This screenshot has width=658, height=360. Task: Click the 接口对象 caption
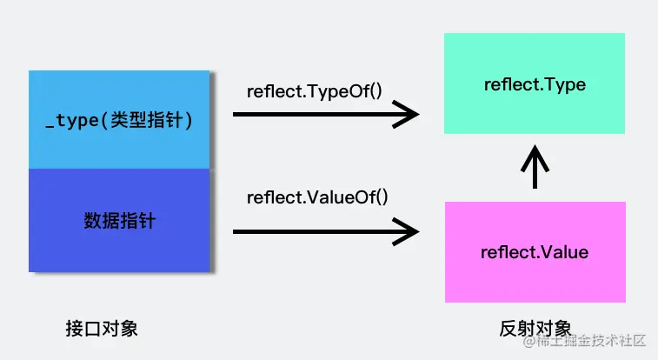point(101,330)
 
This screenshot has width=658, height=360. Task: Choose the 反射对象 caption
point(535,330)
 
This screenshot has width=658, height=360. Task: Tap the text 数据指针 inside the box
point(119,220)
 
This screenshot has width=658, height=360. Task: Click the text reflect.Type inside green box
point(534,84)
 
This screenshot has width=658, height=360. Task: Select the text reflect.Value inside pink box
point(534,253)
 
